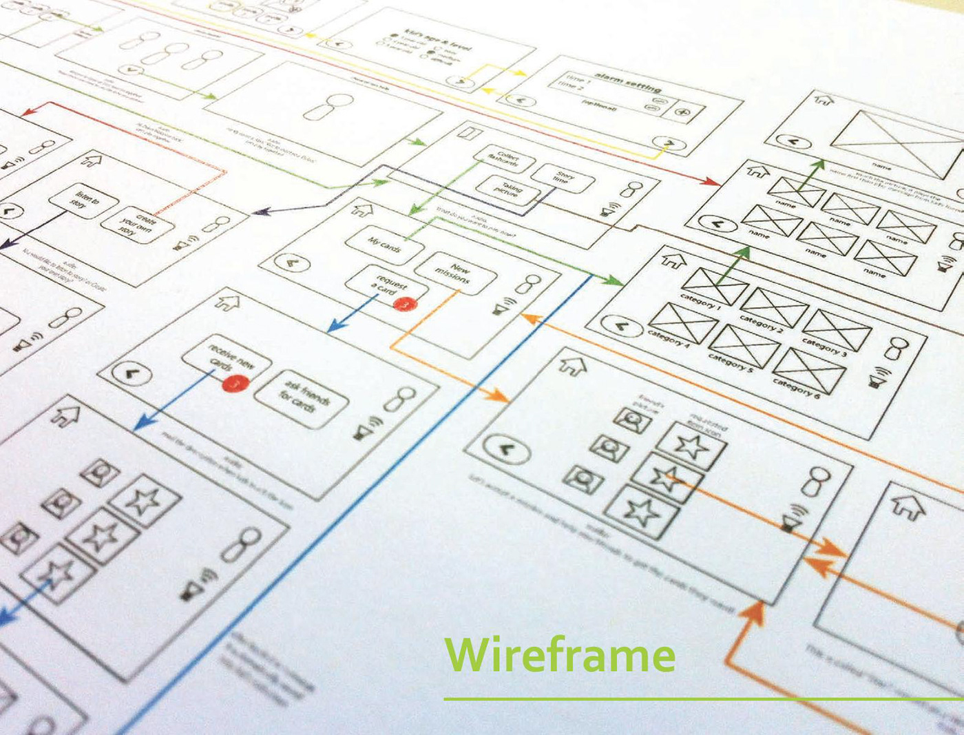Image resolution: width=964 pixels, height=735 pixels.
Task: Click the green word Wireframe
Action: (x=559, y=655)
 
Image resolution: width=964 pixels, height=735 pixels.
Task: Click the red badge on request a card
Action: (x=408, y=303)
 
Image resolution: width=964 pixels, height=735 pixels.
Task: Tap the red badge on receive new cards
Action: (x=235, y=383)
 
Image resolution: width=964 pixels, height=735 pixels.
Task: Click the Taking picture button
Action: (x=511, y=189)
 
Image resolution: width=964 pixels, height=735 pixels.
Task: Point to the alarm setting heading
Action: (x=628, y=83)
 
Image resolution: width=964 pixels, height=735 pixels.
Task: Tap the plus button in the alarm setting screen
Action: (x=682, y=112)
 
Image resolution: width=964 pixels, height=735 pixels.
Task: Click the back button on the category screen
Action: (x=620, y=325)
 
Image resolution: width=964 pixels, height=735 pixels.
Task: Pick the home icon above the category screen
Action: (x=673, y=260)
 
